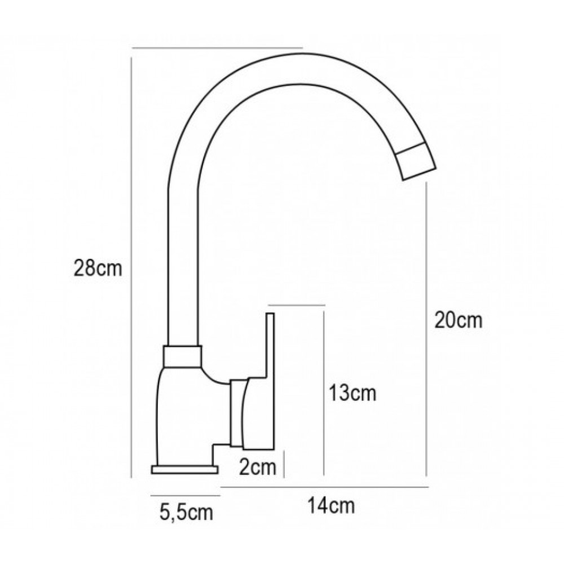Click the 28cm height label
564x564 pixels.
(98, 268)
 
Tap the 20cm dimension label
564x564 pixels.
(458, 320)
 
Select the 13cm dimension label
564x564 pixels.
(352, 393)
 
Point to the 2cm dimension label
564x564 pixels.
(258, 467)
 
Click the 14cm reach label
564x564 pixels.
(331, 506)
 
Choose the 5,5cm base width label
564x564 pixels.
(186, 512)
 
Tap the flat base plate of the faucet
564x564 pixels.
(185, 469)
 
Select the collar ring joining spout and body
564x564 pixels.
(182, 356)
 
